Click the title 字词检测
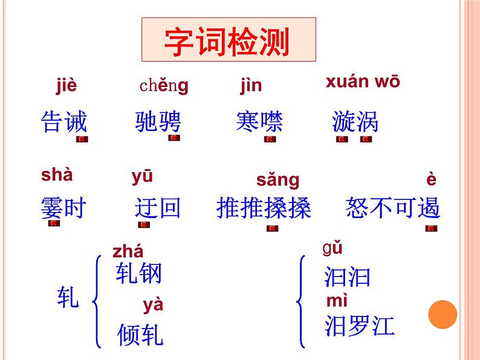(228, 40)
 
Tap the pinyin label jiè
(66, 86)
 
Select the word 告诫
(64, 122)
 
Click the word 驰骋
(158, 122)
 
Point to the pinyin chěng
(164, 86)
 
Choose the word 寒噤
(259, 122)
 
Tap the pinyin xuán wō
(363, 82)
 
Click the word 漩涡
(355, 122)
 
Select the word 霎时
(63, 208)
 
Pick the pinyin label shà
(57, 175)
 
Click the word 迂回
(158, 208)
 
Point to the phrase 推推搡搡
(264, 208)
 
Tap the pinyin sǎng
(277, 179)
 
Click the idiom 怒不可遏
(393, 208)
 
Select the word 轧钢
(139, 274)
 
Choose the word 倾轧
(140, 335)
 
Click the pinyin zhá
(128, 251)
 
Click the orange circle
(443, 315)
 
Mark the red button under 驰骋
(174, 138)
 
